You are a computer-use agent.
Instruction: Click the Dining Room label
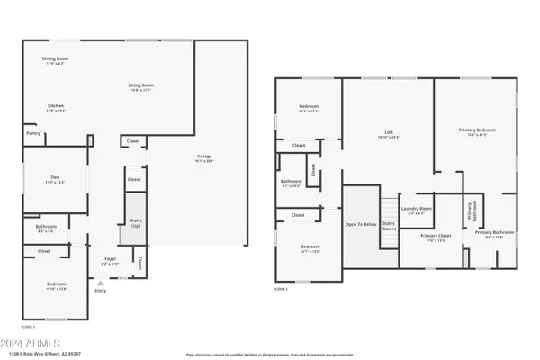(x=55, y=60)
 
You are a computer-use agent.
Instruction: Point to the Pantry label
(x=32, y=133)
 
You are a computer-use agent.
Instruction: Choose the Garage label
(x=204, y=157)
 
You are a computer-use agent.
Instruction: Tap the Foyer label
(x=110, y=261)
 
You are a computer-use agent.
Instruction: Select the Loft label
(x=389, y=134)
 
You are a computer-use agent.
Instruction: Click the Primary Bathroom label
(x=490, y=235)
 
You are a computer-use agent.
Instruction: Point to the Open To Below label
(x=360, y=223)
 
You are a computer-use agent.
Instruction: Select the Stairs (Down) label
(x=389, y=226)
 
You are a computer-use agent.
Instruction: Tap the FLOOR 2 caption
(x=283, y=289)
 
